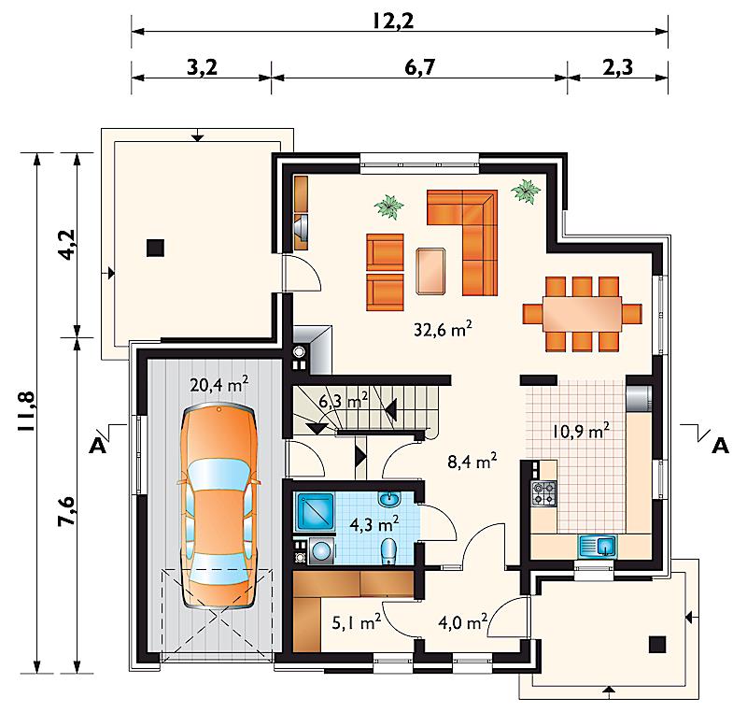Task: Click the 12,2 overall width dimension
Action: point(393,21)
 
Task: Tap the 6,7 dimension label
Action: point(419,67)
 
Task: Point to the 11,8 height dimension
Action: point(25,411)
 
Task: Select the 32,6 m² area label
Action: point(443,329)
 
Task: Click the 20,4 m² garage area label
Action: point(218,384)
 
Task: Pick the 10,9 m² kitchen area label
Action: point(581,431)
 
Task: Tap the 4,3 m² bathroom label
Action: point(374,525)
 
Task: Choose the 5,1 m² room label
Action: point(357,622)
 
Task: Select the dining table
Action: point(582,314)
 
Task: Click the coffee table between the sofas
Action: point(430,271)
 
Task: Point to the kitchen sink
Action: point(598,547)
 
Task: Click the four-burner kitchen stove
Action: point(544,493)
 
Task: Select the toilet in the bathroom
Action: point(388,552)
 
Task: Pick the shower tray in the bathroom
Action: point(316,512)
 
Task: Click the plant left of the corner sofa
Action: point(389,206)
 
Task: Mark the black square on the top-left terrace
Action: point(155,248)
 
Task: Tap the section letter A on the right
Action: point(720,446)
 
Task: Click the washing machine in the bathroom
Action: point(321,551)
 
